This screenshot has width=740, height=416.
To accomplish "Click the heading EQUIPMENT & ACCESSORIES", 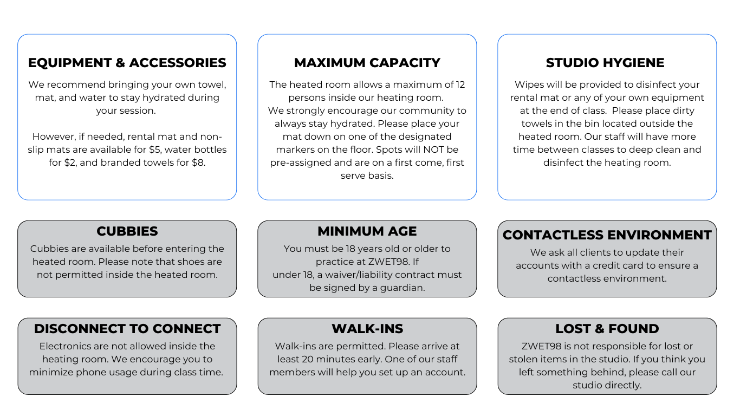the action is (127, 63).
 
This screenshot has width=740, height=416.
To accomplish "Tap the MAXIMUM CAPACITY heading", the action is (367, 63).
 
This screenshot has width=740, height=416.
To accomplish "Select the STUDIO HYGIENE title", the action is (605, 63).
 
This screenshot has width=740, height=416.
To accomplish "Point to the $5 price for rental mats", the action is (154, 149).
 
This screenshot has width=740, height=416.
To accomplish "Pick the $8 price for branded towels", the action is (198, 162).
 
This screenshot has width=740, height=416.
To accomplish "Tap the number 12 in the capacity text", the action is (460, 84).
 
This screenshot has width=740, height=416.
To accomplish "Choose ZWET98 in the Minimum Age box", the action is (388, 262).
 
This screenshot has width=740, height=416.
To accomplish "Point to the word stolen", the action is (522, 360).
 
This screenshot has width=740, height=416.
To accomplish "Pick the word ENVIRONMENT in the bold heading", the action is (659, 235).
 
